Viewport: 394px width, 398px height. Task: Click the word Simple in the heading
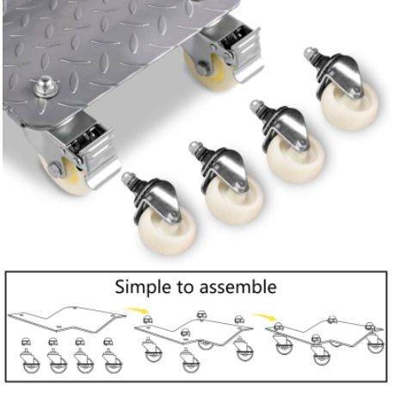point(142,288)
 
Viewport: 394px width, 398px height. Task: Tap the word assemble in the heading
point(238,287)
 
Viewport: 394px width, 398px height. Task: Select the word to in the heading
point(184,287)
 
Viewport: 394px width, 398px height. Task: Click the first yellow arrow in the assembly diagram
point(137,310)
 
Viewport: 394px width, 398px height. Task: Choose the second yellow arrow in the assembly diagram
point(263,316)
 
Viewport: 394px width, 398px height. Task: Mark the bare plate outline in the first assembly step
point(66,319)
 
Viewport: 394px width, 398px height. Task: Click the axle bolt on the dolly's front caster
point(54,169)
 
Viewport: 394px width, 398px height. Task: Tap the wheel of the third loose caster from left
point(296,159)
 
